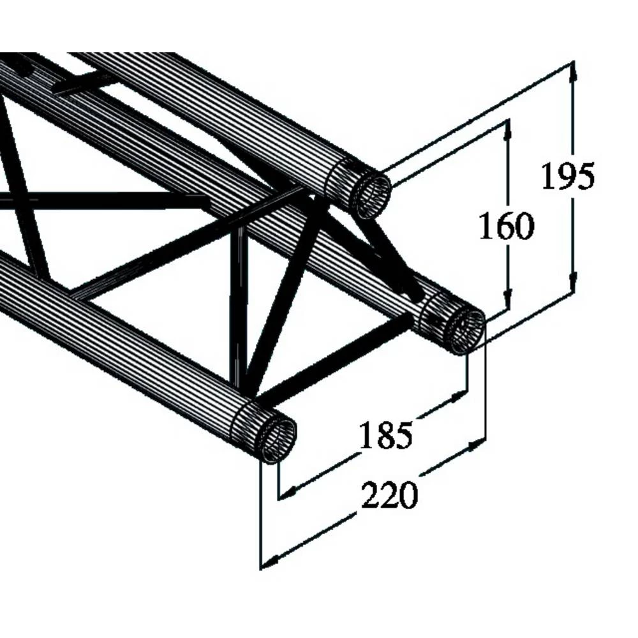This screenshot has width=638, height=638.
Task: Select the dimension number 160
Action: pyautogui.click(x=506, y=226)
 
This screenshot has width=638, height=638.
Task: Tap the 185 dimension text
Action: pyautogui.click(x=385, y=436)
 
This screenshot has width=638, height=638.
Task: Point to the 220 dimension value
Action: pyautogui.click(x=389, y=496)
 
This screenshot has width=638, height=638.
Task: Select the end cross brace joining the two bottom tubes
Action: pyautogui.click(x=332, y=360)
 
